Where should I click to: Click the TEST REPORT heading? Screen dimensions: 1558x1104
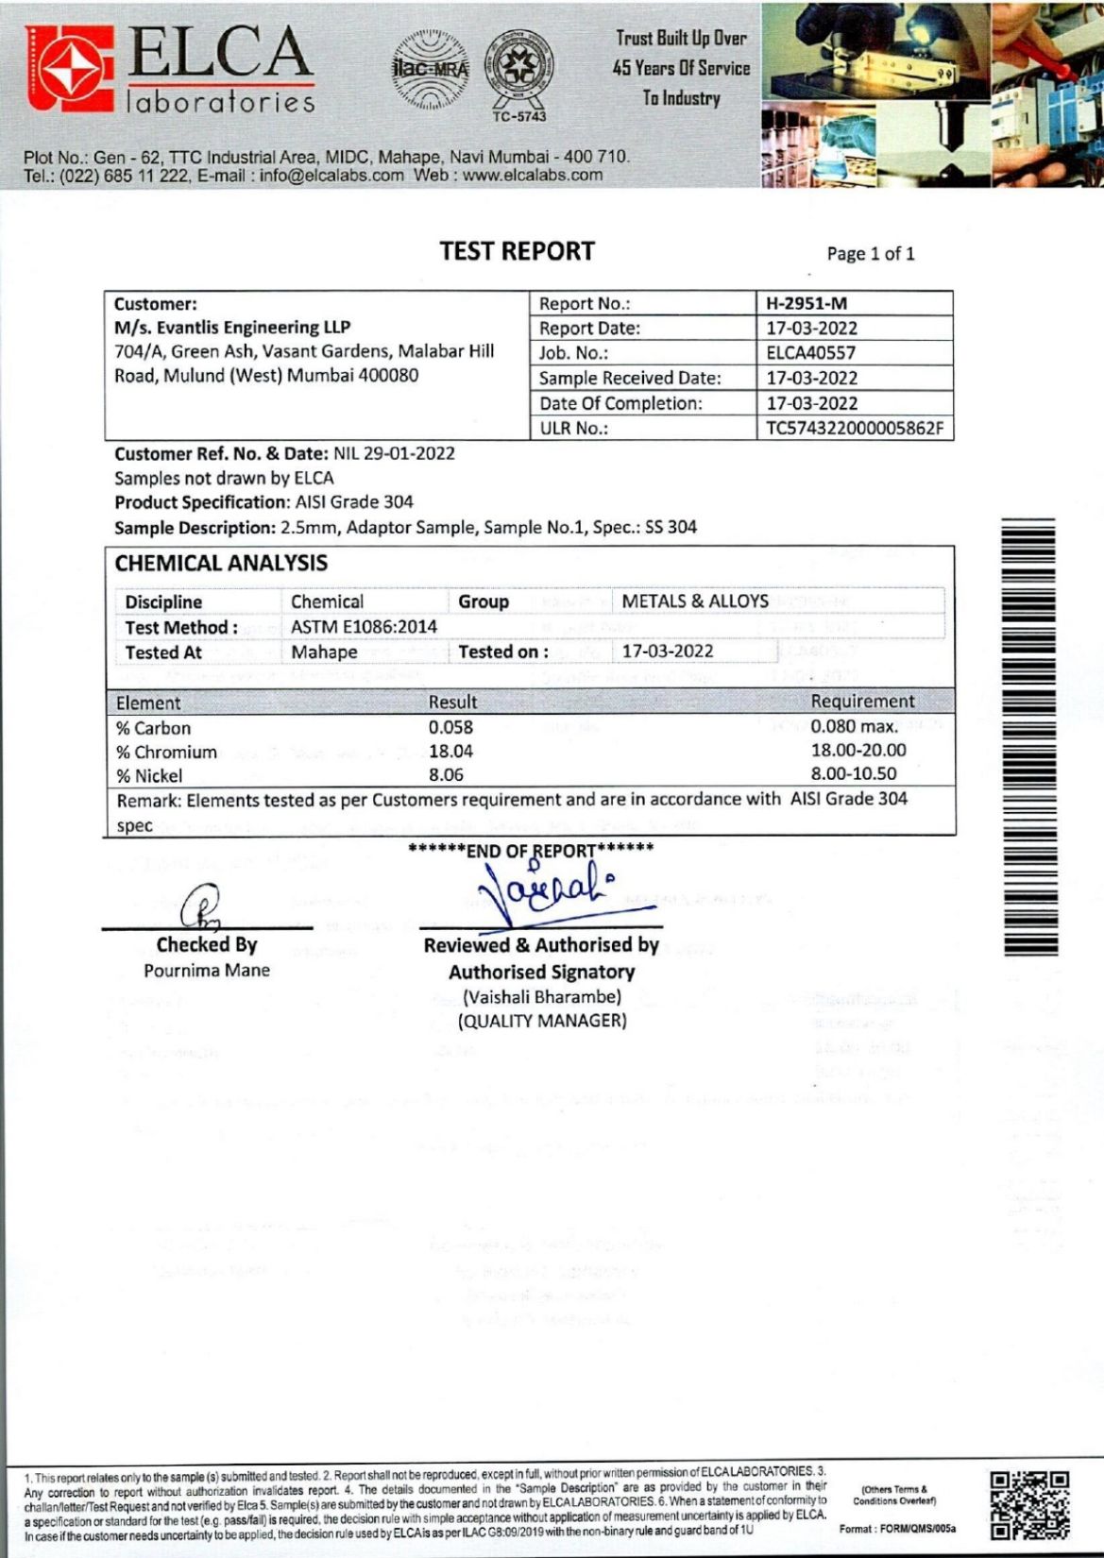coord(517,251)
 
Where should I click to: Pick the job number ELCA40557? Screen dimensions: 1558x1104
coord(810,353)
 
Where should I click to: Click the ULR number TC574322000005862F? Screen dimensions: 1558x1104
coord(854,428)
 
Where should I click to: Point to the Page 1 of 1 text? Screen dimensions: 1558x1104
coord(870,253)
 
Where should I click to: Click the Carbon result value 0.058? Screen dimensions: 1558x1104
coord(450,727)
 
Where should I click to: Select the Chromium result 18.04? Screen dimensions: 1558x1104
coord(450,752)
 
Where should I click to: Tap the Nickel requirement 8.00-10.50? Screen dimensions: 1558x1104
coord(854,773)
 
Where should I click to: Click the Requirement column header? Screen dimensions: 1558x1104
coord(862,702)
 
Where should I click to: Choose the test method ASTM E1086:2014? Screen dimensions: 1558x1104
coord(364,627)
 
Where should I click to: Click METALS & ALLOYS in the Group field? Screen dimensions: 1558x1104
coord(694,601)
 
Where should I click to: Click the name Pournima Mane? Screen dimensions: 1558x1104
coord(207,970)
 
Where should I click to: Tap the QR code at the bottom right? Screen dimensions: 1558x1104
coord(1029,1503)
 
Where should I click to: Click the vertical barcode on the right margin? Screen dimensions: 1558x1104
coord(1029,737)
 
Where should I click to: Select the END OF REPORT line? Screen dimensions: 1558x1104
coord(531,850)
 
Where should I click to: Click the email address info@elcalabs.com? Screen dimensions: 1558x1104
coord(331,175)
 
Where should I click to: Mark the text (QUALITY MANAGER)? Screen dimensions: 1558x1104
coord(542,1021)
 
